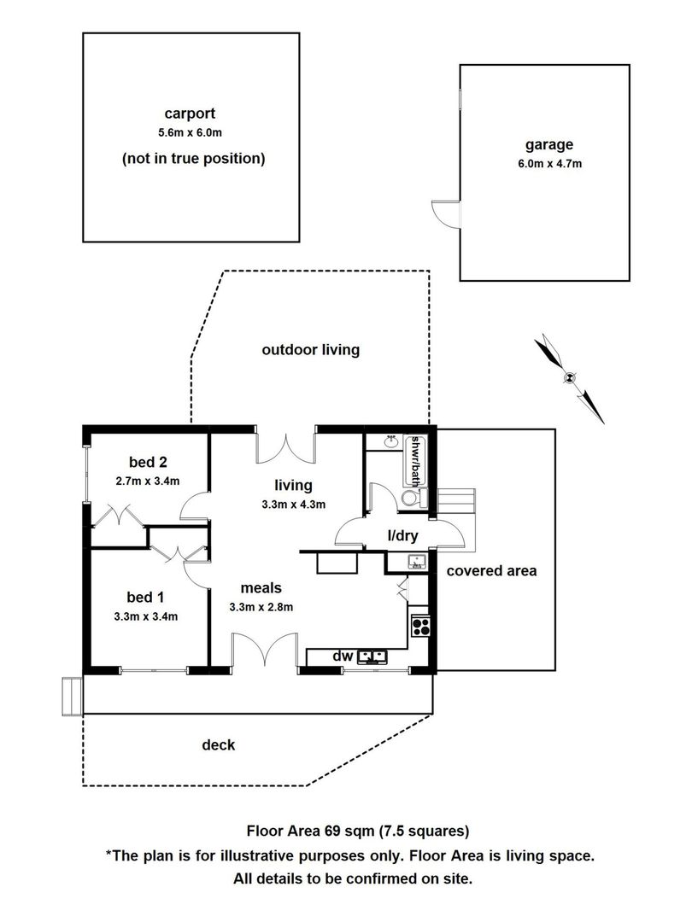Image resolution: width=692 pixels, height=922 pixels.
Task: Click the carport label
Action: [x=190, y=114]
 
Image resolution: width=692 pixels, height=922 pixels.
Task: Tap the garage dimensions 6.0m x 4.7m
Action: [x=549, y=164]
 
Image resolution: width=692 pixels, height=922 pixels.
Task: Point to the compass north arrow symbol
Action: [x=569, y=378]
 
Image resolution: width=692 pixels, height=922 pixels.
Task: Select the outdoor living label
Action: [x=311, y=350]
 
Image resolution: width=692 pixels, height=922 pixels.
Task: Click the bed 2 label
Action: [x=148, y=462]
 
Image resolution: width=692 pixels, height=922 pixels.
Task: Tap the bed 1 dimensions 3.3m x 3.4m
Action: [x=146, y=617]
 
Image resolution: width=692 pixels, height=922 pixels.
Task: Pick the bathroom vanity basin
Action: [x=390, y=441]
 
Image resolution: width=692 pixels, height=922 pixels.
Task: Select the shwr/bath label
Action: [x=416, y=461]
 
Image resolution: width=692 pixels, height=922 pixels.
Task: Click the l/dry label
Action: [x=402, y=535]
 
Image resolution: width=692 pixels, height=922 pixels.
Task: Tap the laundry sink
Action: [x=417, y=563]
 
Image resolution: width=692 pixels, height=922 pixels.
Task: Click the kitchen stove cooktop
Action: [x=420, y=626]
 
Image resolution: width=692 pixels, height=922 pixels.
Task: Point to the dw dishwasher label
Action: [x=343, y=656]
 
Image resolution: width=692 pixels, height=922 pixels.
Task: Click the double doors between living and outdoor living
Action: [x=286, y=448]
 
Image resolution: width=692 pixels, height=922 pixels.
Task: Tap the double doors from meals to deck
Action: [x=265, y=651]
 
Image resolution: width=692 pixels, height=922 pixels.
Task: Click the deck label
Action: [x=219, y=745]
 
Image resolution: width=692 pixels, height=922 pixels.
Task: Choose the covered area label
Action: [x=491, y=571]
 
